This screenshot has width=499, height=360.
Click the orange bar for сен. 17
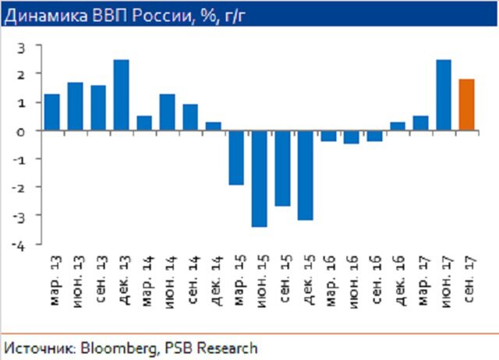pos(466,105)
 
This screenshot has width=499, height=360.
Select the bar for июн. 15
pos(260,178)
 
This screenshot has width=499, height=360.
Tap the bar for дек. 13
pos(121,95)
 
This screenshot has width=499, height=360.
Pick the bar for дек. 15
pos(305,175)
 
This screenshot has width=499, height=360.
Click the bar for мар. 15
pos(236,157)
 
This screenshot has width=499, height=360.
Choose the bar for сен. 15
pos(282,168)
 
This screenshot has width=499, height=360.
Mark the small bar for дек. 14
pos(213,126)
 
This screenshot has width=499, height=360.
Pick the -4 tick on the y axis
pos(20,245)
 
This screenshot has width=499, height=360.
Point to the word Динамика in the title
pos(38,14)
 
